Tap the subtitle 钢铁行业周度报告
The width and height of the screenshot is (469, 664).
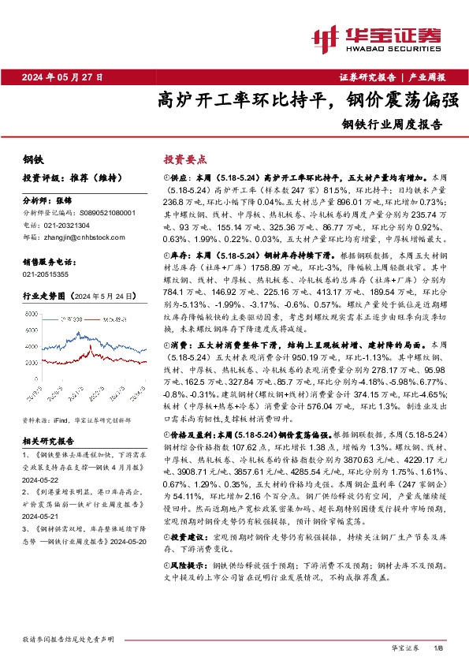392,124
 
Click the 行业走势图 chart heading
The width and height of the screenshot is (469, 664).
45,296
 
